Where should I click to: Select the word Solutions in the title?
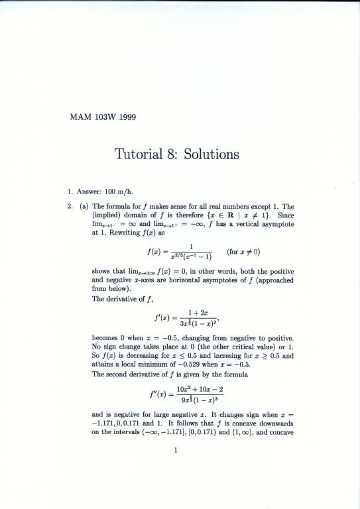[x=210, y=155]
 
